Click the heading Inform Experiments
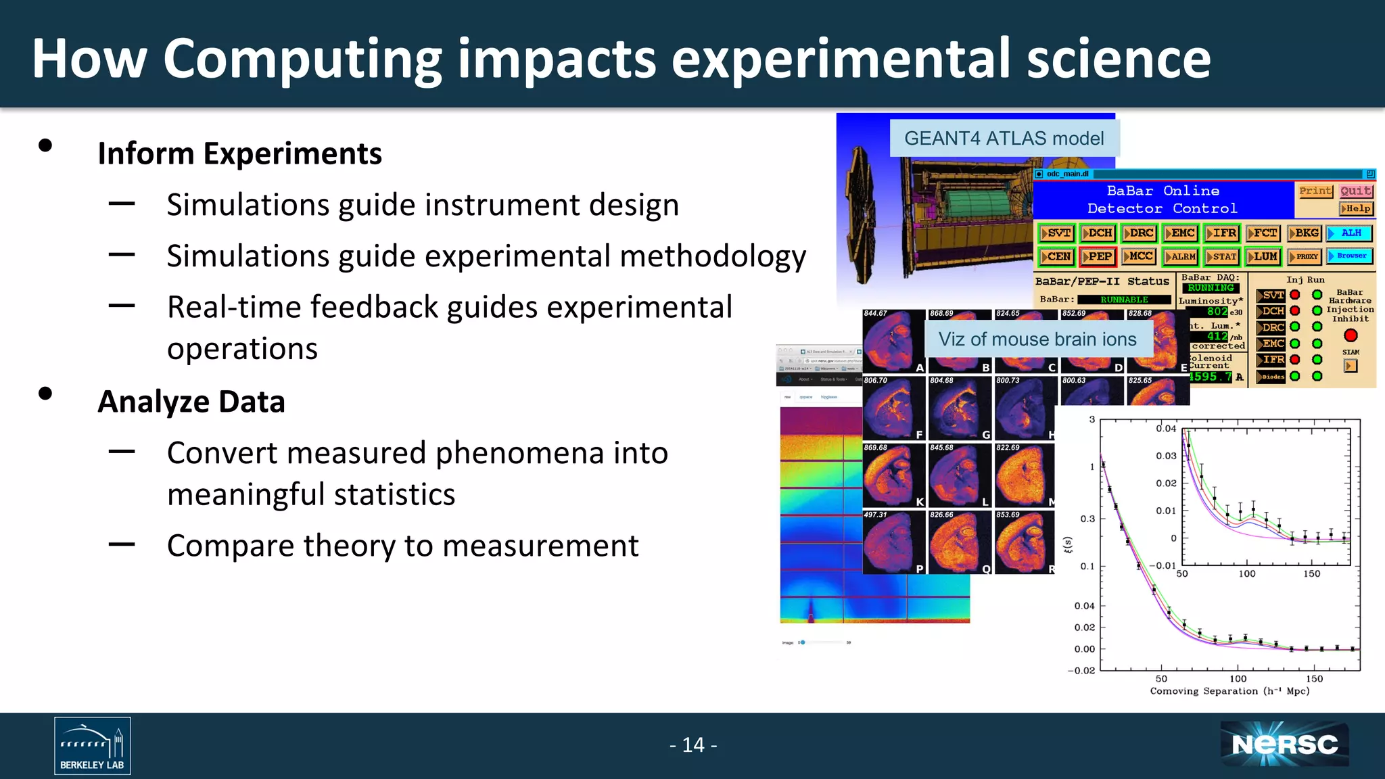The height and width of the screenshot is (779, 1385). pos(239,154)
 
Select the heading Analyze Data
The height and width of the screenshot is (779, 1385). pos(191,402)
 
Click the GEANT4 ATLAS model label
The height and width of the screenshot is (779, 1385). pos(1004,139)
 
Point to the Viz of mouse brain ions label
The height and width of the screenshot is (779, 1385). pos(1037,339)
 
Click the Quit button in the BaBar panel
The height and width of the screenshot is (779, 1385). pos(1356,191)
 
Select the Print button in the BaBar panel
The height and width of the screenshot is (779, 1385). pos(1315,191)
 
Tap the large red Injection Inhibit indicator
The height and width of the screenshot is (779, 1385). pos(1351,335)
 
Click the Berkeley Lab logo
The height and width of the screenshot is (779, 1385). pos(92,745)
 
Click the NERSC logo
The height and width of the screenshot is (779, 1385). pos(1284,745)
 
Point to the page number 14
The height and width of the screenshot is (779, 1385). pos(693,745)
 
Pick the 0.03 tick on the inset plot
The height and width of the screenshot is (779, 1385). pos(1166,456)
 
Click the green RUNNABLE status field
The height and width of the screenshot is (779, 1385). pos(1124,300)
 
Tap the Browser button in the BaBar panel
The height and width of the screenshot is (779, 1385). pos(1350,256)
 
